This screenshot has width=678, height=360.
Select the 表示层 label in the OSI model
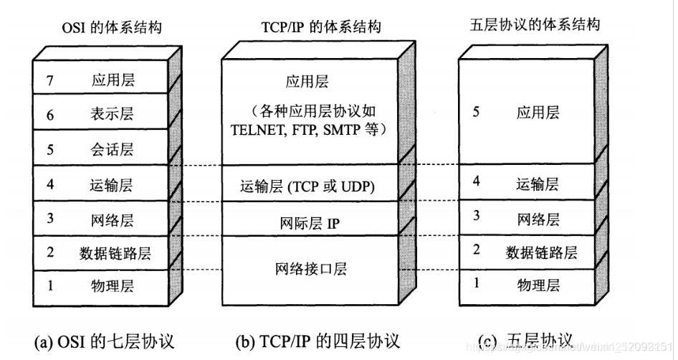[113, 114]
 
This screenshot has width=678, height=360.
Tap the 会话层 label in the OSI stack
[113, 150]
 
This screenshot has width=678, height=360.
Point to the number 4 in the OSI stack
[50, 185]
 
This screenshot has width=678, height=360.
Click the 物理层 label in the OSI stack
[113, 286]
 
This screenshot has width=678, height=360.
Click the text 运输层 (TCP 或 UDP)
[308, 187]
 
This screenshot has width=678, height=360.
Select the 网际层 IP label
[310, 223]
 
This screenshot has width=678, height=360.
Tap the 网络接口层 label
[310, 269]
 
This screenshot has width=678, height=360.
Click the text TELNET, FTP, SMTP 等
[309, 130]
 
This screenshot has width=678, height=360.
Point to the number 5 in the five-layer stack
[476, 113]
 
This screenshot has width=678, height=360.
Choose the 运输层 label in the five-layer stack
[537, 184]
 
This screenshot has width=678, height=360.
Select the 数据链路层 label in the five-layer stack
[541, 252]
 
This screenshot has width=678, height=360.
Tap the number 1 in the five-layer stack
[476, 283]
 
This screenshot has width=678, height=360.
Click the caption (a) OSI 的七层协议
[105, 341]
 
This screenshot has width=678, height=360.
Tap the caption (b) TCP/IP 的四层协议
[317, 341]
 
